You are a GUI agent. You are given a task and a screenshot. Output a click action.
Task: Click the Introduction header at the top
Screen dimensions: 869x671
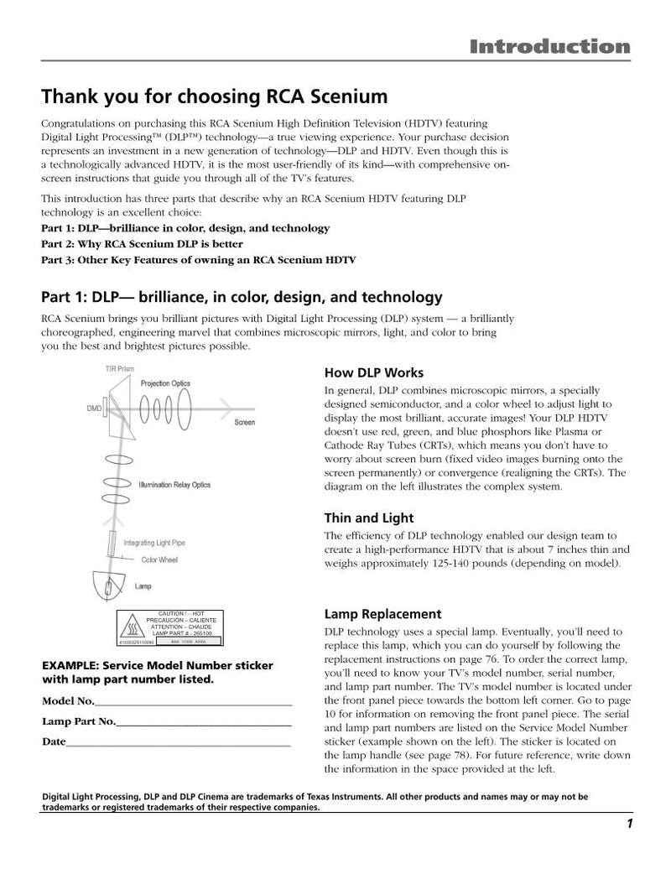(549, 46)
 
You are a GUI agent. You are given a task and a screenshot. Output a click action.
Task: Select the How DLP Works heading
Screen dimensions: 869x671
(373, 372)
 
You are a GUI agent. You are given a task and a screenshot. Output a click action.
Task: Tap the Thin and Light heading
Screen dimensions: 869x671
(368, 518)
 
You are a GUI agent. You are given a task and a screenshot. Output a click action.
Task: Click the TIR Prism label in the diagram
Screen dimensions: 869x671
(119, 368)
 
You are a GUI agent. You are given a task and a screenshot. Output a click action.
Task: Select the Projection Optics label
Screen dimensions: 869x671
(165, 383)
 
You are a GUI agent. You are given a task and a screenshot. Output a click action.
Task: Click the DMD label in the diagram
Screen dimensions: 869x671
(94, 408)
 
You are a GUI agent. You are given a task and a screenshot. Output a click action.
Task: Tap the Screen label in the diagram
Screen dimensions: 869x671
(244, 422)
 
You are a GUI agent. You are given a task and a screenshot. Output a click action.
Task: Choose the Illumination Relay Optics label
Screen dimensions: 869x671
(174, 485)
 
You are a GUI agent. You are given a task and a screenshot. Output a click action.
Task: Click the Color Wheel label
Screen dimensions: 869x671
(159, 559)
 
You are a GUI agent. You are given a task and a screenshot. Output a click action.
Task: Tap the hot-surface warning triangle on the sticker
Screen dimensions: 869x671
(132, 626)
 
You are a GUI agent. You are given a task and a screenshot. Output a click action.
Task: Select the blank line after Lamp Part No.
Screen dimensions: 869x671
(204, 723)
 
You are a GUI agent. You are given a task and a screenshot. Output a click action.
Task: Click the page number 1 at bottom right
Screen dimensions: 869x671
(628, 823)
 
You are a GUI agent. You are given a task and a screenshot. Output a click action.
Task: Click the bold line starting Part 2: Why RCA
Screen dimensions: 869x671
(142, 244)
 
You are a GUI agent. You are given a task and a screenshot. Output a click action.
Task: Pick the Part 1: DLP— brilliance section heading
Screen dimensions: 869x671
(242, 297)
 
